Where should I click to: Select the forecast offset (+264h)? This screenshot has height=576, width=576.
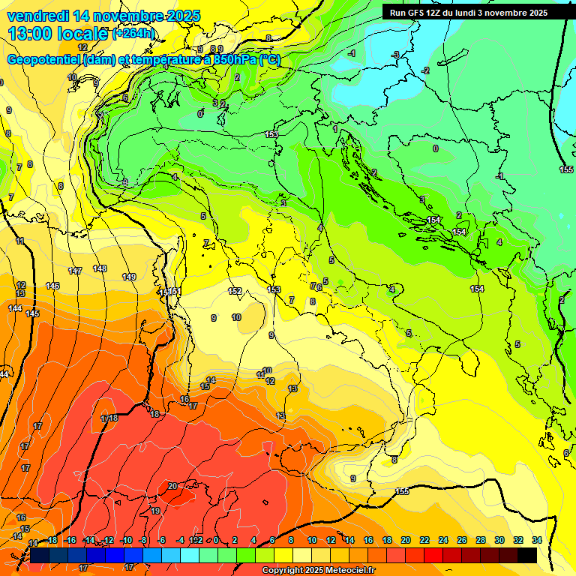click(134, 34)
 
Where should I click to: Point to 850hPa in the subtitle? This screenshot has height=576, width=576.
click(235, 60)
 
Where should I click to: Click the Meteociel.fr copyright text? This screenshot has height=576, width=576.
click(319, 571)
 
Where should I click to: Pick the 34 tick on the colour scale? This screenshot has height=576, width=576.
click(537, 540)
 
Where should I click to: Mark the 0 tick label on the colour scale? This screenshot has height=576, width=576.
click(216, 540)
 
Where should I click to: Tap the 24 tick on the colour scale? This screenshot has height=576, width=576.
click(443, 540)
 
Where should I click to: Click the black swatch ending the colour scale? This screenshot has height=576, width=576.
click(527, 555)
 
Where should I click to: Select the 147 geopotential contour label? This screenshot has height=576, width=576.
click(75, 271)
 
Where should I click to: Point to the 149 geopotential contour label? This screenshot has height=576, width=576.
click(129, 277)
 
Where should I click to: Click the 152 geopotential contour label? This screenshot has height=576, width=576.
click(235, 291)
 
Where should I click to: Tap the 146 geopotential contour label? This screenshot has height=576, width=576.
click(52, 286)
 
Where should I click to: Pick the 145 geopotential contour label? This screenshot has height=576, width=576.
click(32, 313)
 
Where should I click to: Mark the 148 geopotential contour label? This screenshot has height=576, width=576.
click(100, 268)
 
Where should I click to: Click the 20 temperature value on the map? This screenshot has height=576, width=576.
click(172, 486)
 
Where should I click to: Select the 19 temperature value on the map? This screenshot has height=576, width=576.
click(155, 511)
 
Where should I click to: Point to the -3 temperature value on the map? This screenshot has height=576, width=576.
click(396, 55)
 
